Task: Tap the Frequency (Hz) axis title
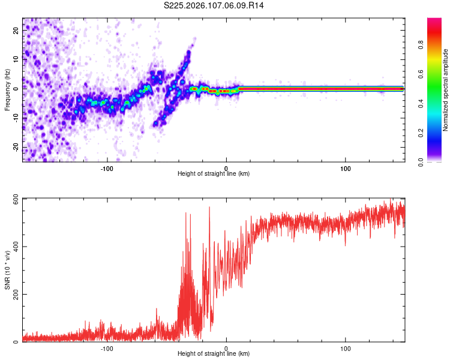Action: point(7,90)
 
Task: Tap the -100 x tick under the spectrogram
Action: point(107,168)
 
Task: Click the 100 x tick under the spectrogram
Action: point(346,168)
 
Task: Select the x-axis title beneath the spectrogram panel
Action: point(214,175)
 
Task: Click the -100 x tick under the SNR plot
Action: point(107,348)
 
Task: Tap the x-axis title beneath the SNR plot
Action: point(214,355)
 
